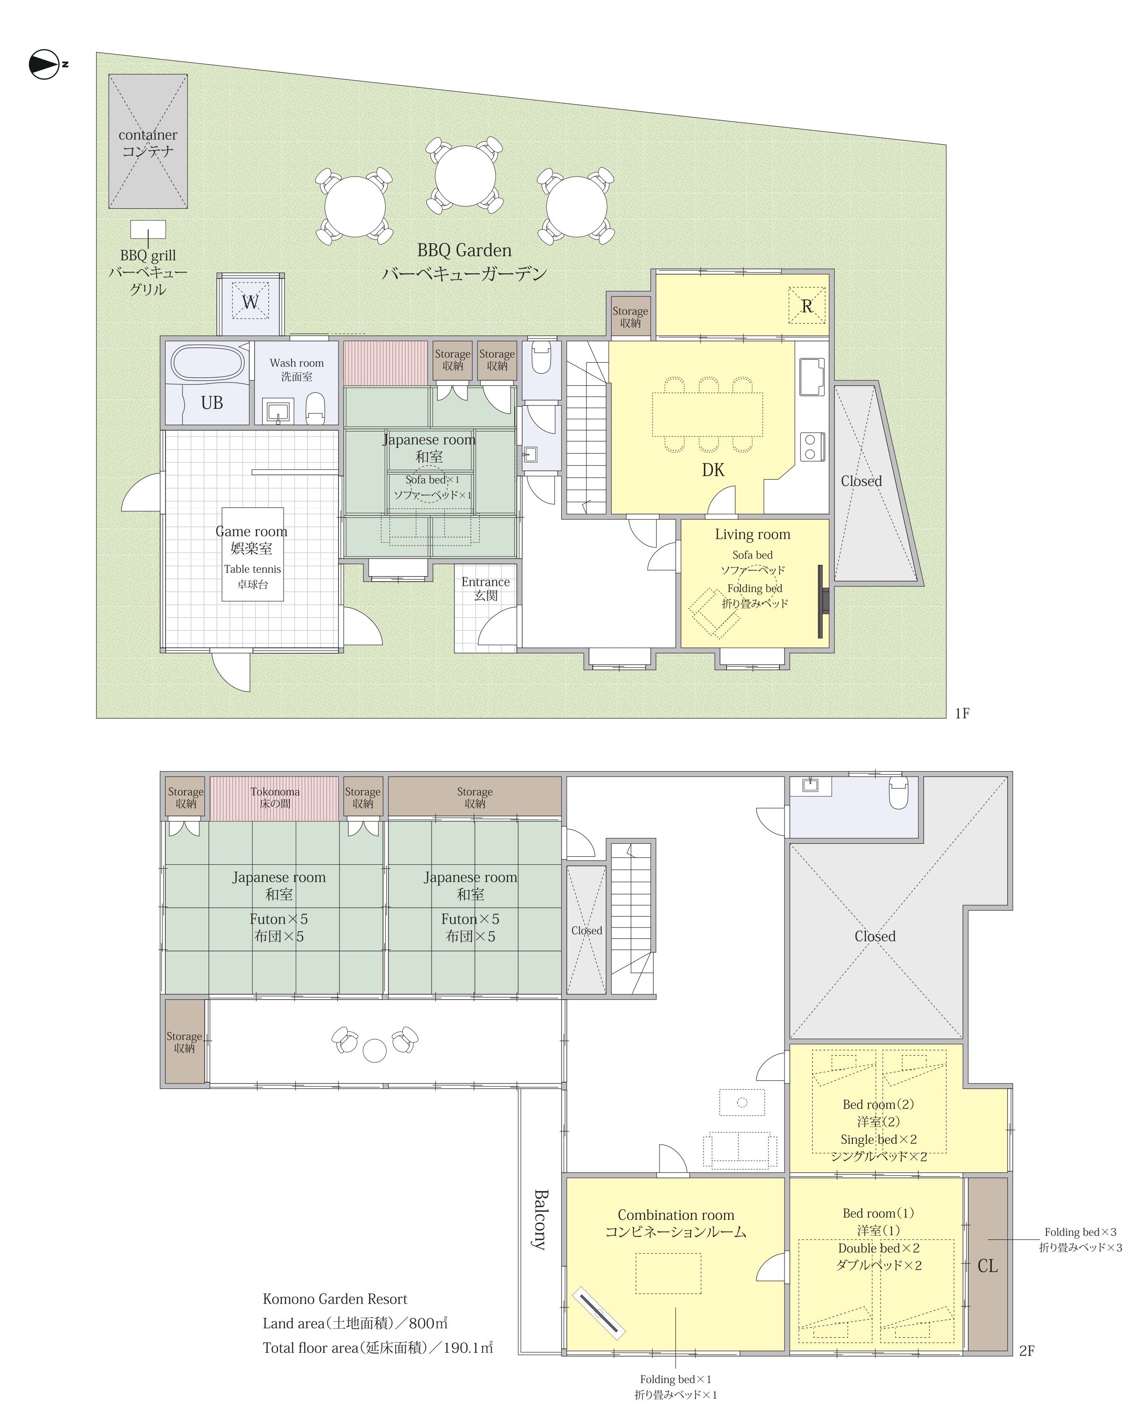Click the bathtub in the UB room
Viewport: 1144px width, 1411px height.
point(208,362)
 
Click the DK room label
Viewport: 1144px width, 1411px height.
point(713,470)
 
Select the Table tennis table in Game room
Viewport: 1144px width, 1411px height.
point(253,554)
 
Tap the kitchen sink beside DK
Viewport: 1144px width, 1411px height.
point(812,377)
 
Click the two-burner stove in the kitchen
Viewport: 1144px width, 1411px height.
point(813,447)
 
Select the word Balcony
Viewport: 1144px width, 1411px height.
point(540,1219)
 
